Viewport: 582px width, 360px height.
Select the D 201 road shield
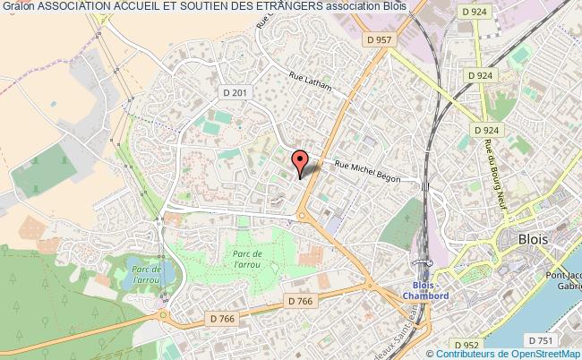point(236,92)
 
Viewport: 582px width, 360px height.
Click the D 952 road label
point(466,345)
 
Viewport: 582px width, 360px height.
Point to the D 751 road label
point(541,340)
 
